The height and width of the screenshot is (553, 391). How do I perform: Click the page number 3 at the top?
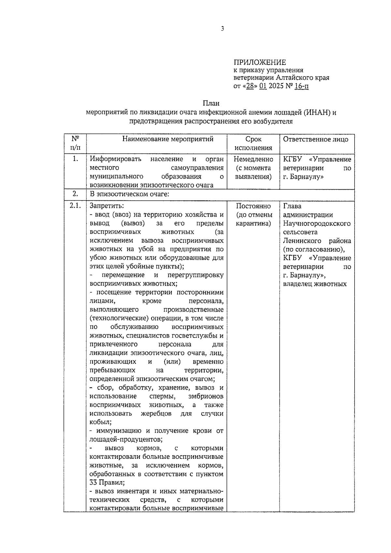click(222, 29)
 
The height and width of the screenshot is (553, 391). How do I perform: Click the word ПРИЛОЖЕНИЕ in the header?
click(259, 62)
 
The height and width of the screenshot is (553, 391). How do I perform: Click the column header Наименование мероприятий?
click(168, 139)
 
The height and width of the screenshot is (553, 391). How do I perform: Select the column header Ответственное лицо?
click(315, 139)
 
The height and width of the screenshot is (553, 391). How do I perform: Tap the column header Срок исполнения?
click(253, 144)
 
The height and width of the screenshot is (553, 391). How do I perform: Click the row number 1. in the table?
click(75, 159)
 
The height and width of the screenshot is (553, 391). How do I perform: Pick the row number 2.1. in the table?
click(75, 206)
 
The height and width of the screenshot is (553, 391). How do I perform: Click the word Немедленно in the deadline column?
click(253, 159)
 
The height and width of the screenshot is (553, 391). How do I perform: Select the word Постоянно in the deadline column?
click(253, 206)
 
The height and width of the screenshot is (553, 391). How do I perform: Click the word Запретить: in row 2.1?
click(107, 206)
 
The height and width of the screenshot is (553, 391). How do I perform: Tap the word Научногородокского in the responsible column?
click(317, 224)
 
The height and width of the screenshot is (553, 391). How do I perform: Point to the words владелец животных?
click(314, 284)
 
